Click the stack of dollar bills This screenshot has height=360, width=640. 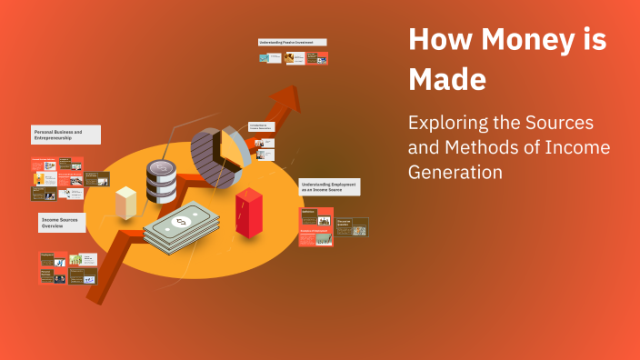pos(181,226)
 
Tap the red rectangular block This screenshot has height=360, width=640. pos(247,212)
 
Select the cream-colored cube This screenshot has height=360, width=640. pos(126,201)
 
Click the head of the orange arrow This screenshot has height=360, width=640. pos(290,96)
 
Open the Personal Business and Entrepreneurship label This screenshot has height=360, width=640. pos(65,135)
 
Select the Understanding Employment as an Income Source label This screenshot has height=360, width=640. pos(329,187)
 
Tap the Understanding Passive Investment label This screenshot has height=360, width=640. pos(292,42)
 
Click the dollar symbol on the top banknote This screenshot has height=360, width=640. pos(180,222)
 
